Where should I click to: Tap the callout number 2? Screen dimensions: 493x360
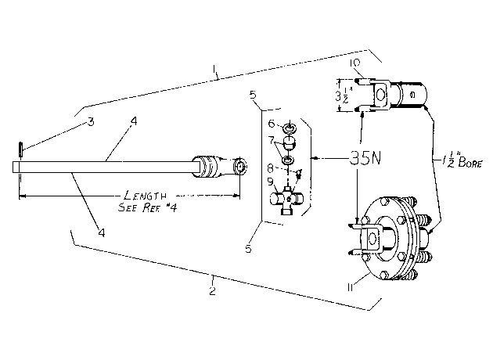[x=213, y=290]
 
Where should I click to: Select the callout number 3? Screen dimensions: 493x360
[x=91, y=121]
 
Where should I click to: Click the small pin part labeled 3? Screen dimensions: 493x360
[x=21, y=149]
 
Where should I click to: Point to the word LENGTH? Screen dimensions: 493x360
[x=146, y=196]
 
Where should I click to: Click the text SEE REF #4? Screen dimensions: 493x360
[x=147, y=207]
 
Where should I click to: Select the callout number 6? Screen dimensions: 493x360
[x=272, y=124]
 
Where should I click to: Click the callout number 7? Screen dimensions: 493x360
[x=272, y=140]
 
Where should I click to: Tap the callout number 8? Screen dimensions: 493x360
[x=270, y=168]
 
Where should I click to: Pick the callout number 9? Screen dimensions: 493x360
[x=270, y=182]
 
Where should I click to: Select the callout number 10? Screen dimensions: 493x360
[x=354, y=63]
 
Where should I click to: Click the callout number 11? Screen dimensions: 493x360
[x=351, y=287]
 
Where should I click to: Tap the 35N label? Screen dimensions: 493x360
[x=365, y=158]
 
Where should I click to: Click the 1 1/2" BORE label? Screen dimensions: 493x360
[x=462, y=161]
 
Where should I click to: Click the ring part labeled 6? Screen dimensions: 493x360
[x=290, y=128]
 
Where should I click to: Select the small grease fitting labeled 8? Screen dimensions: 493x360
[x=299, y=173]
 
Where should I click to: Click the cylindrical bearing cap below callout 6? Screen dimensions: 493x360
[x=290, y=143]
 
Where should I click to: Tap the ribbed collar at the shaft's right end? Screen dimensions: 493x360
[x=204, y=166]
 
